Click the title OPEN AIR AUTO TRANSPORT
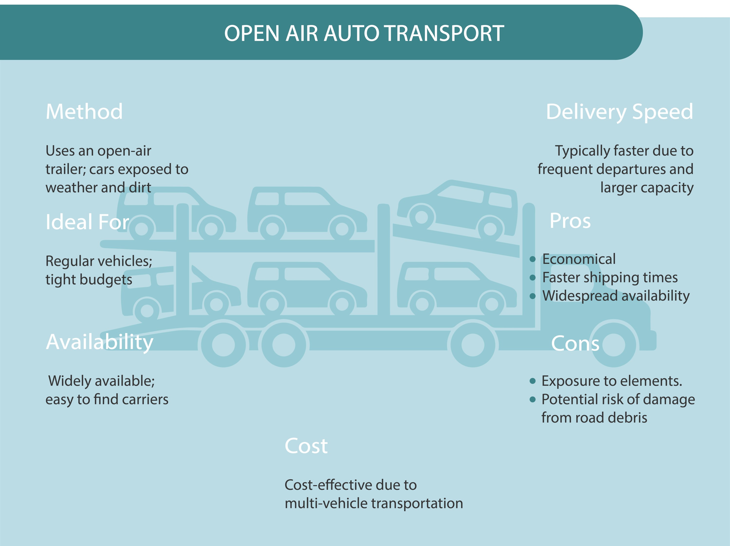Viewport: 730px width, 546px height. pyautogui.click(x=364, y=33)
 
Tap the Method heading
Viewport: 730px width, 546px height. pyautogui.click(x=84, y=111)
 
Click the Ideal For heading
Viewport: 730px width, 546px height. pyautogui.click(x=87, y=222)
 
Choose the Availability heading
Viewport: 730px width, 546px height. pyautogui.click(x=99, y=342)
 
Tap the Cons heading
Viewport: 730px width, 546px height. pyautogui.click(x=575, y=344)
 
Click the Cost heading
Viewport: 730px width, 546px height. pyautogui.click(x=306, y=446)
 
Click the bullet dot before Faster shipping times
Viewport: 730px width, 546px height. pyautogui.click(x=532, y=278)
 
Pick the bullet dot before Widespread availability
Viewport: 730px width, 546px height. pyautogui.click(x=532, y=296)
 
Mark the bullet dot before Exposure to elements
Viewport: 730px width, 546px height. pyautogui.click(x=532, y=381)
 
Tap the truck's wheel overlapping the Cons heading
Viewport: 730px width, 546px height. pyautogui.click(x=613, y=344)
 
